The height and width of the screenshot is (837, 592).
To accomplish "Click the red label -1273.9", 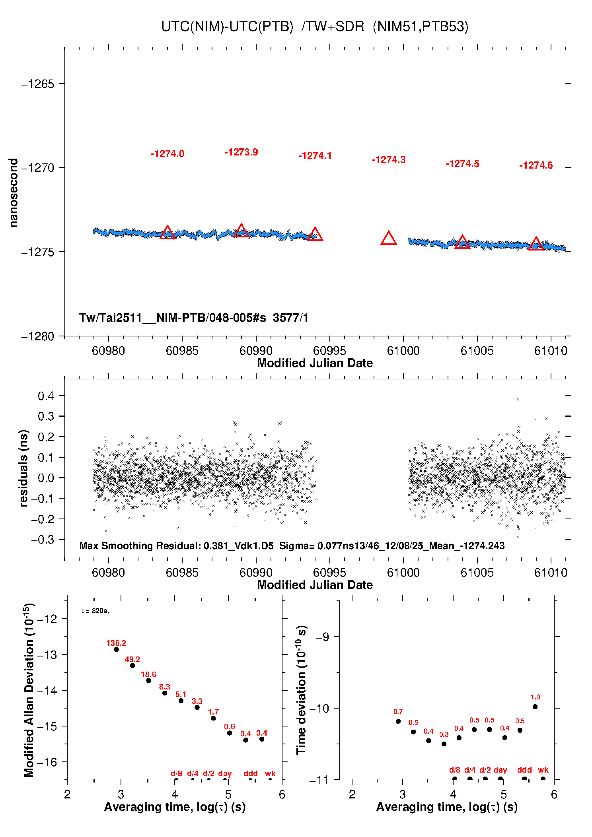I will click(x=241, y=152).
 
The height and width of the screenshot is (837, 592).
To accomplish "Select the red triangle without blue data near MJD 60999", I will click(x=389, y=239).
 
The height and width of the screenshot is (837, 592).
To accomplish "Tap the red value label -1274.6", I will click(x=536, y=165).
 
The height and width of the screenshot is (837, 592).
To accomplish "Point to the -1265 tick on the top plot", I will click(x=37, y=84).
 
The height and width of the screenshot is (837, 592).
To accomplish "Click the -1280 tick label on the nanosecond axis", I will click(x=37, y=336).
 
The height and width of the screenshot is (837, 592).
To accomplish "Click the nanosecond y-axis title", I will click(x=14, y=193).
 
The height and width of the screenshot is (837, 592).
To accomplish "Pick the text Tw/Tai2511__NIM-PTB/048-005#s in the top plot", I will click(x=172, y=318).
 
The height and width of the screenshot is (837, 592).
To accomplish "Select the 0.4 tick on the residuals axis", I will click(x=46, y=396).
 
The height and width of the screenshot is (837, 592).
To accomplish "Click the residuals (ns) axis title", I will click(x=24, y=468).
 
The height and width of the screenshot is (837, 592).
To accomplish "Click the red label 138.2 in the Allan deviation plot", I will click(x=116, y=643).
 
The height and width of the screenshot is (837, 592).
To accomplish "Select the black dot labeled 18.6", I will click(x=149, y=681).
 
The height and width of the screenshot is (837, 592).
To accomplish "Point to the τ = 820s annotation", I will click(x=95, y=611).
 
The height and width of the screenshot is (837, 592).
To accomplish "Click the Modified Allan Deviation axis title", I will click(x=29, y=690).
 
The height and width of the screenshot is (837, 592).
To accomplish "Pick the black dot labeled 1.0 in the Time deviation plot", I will click(x=535, y=707).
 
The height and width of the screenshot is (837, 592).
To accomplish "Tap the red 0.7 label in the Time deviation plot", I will click(x=398, y=712).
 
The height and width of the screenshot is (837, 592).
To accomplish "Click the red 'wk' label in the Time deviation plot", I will click(x=543, y=770).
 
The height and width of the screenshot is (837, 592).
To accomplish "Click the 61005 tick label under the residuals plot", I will click(x=477, y=573).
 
